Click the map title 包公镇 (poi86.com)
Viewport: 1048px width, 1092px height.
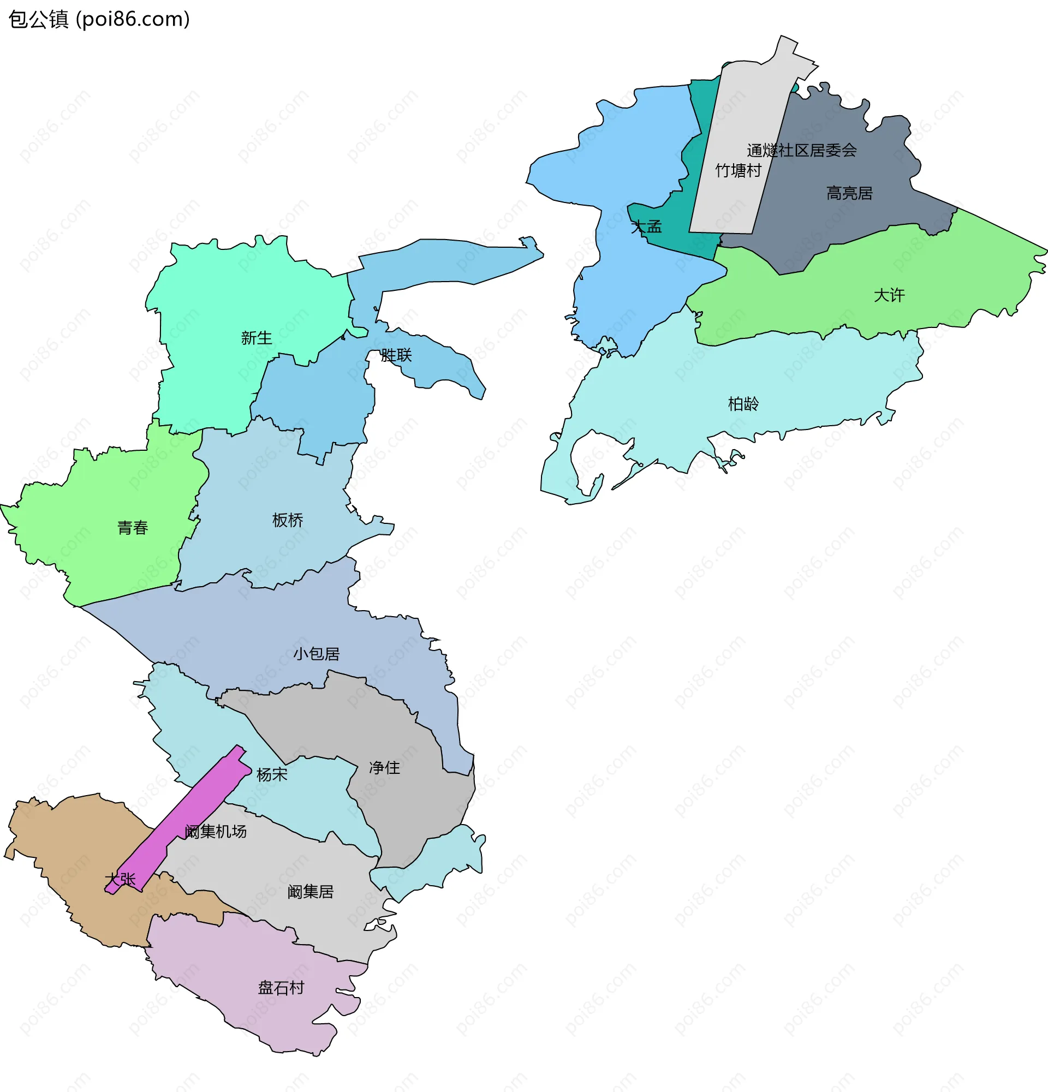pos(99,20)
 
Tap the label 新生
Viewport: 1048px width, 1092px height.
pos(257,338)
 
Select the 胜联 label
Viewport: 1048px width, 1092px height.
pos(396,355)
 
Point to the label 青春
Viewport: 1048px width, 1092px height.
pos(133,528)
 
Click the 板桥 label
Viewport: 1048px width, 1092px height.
pos(288,520)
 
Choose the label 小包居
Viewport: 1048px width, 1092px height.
pos(317,654)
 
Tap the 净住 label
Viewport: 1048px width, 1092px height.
pos(384,767)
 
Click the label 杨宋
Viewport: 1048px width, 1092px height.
pos(272,774)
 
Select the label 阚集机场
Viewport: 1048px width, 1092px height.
pos(216,831)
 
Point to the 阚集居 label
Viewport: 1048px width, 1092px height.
pos(311,891)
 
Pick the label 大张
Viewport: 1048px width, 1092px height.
pos(120,879)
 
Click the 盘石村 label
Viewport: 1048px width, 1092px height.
pos(281,988)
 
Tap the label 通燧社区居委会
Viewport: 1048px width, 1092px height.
pos(801,150)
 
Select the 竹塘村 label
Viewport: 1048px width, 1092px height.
pos(737,170)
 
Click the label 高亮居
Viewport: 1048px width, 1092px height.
pos(849,193)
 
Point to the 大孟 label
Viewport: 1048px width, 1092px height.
pos(646,226)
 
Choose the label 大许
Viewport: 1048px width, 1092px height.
pos(889,295)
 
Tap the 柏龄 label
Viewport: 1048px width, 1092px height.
pos(743,403)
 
